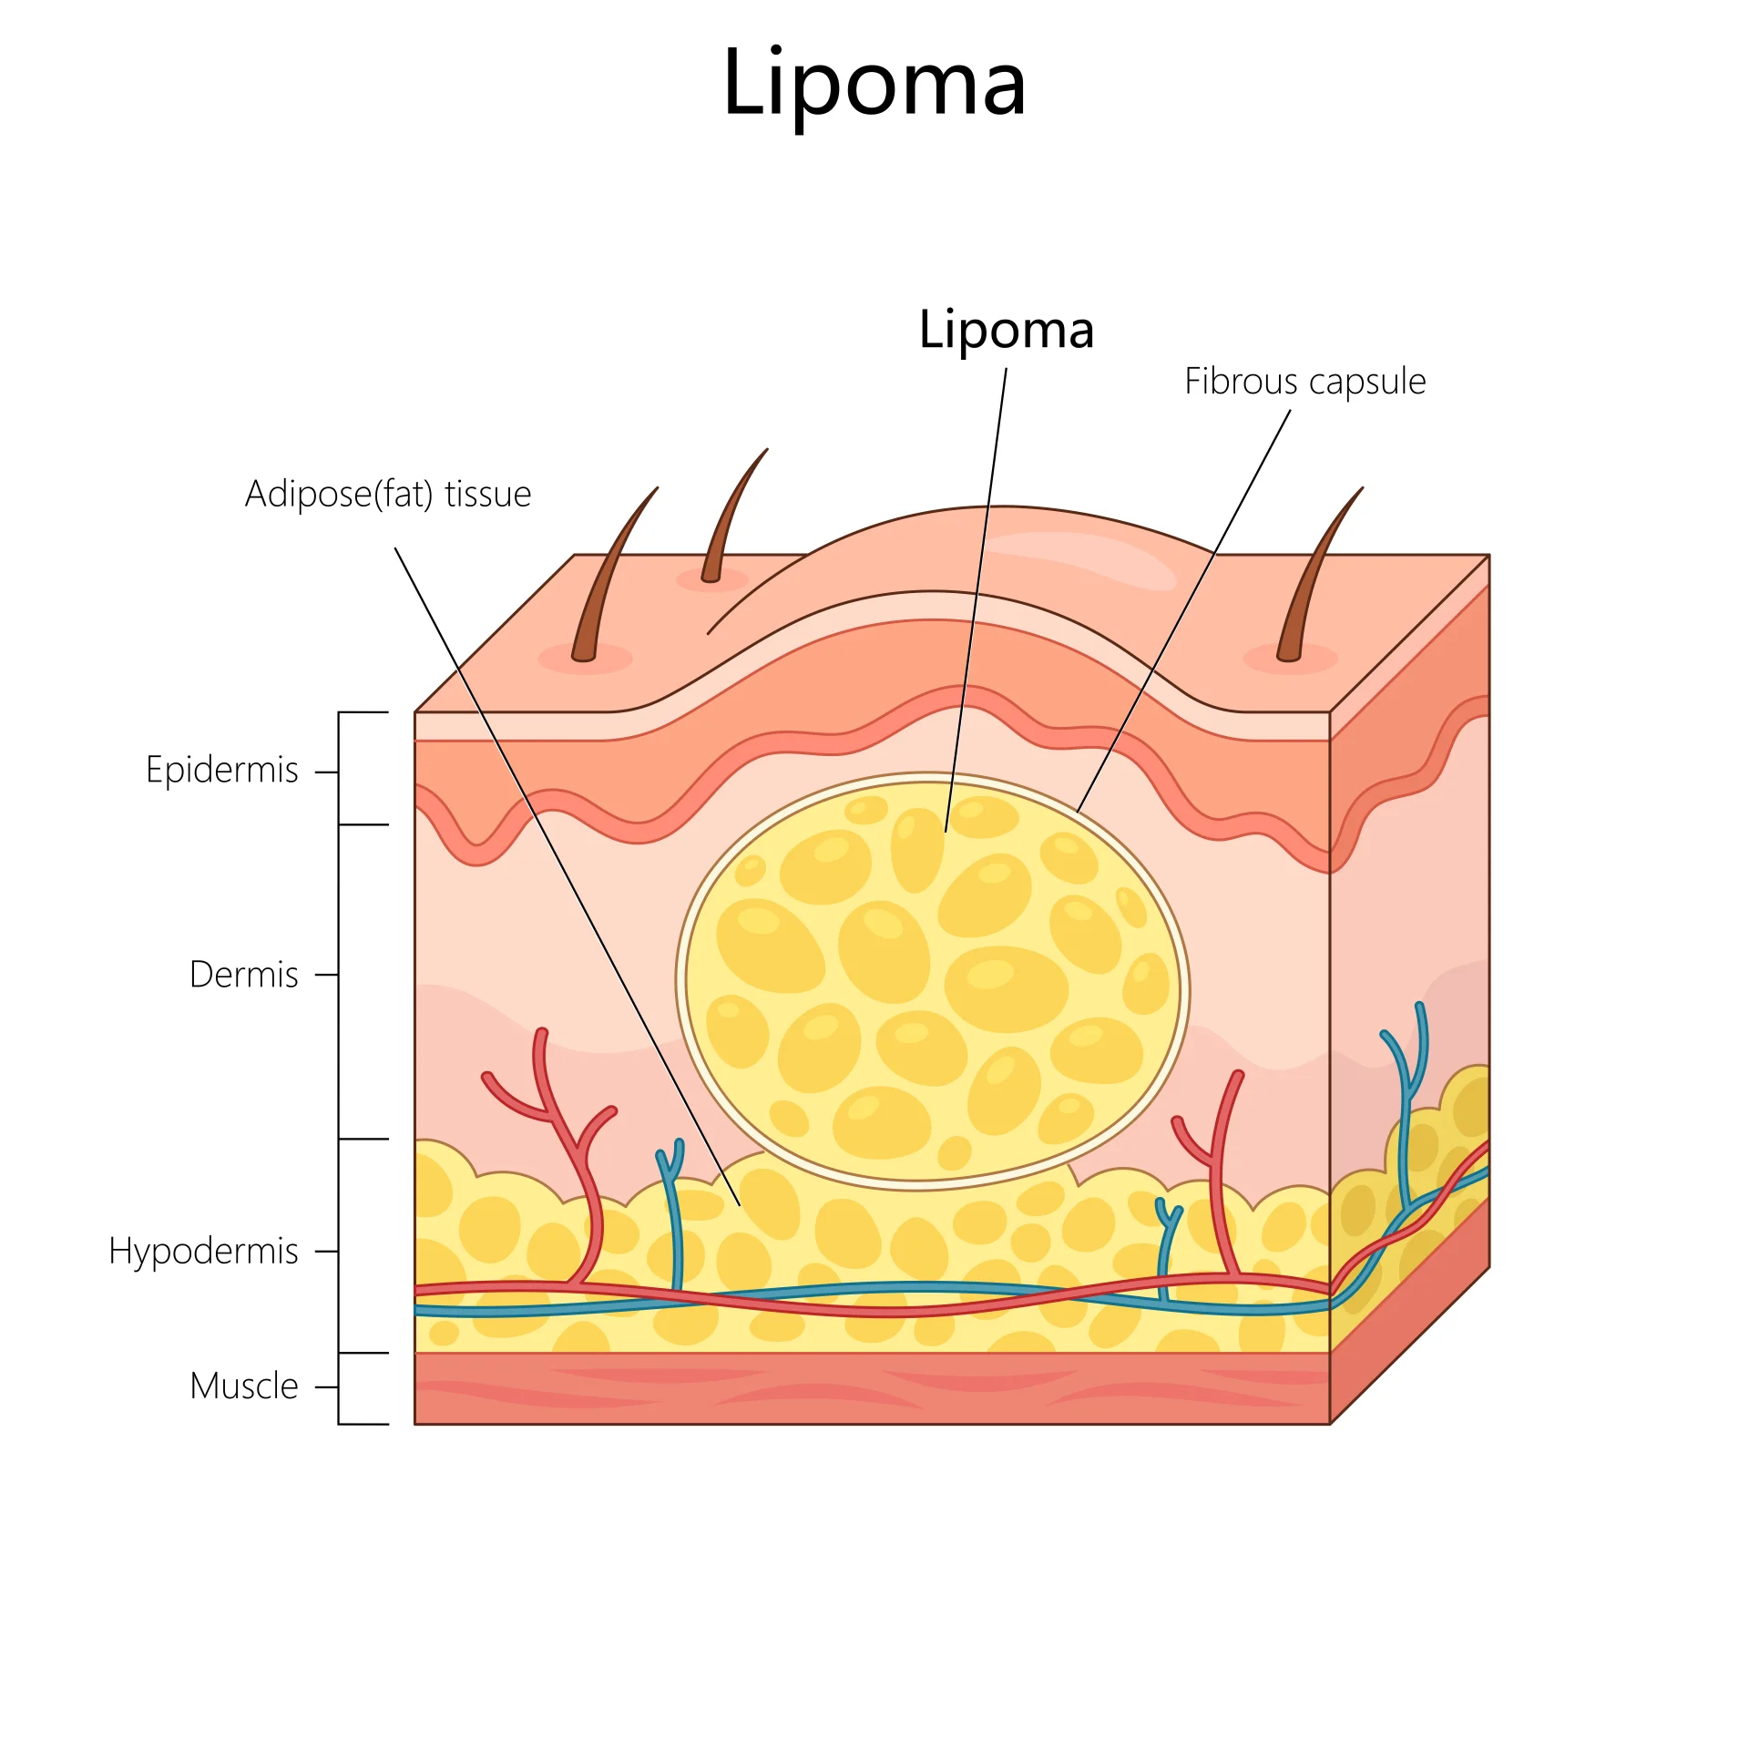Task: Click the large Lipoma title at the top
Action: (x=874, y=84)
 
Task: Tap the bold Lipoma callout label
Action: (x=1006, y=329)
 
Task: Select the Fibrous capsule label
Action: (x=1304, y=381)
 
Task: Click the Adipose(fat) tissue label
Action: (x=388, y=494)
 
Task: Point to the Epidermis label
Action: (x=221, y=770)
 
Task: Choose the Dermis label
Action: (x=243, y=975)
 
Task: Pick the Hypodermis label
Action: (x=203, y=1251)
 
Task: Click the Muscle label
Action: (x=243, y=1386)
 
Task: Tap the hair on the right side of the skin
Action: (x=1312, y=574)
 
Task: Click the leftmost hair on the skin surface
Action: (x=606, y=574)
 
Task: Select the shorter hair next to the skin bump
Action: (x=729, y=519)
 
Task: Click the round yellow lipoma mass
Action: (x=929, y=979)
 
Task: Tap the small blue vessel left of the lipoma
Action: (x=675, y=1212)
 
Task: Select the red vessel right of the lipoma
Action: (x=1221, y=1175)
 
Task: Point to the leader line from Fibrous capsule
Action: (x=1184, y=610)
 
